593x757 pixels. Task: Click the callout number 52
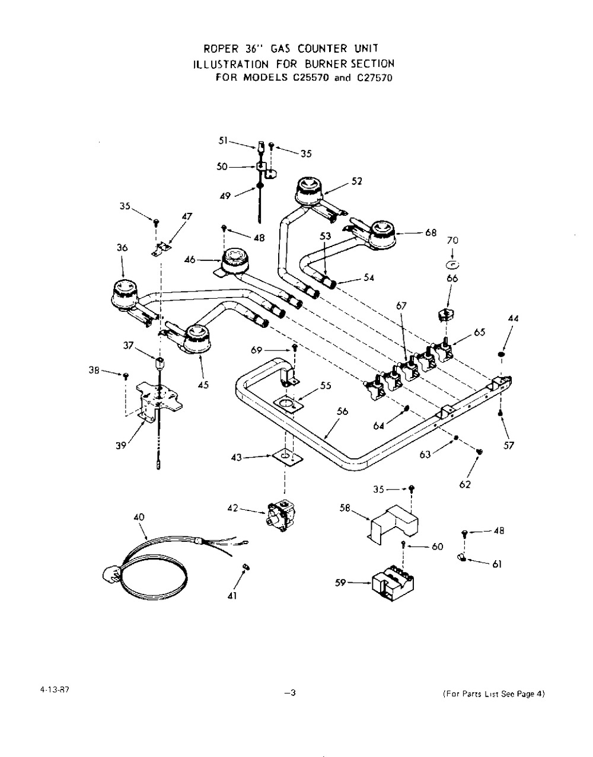pos(357,181)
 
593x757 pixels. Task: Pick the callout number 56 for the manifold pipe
pos(343,411)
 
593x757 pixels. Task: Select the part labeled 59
pos(393,584)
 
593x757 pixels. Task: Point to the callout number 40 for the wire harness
pos(139,518)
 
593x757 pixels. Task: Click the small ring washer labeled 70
pos(452,265)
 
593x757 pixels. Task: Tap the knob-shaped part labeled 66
pos(447,314)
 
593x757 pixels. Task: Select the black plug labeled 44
pos(501,354)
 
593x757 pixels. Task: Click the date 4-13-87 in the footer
pos(54,690)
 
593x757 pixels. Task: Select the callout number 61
pos(497,564)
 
